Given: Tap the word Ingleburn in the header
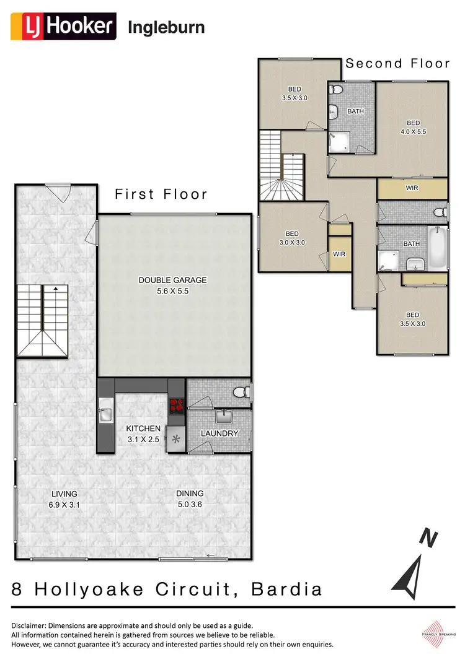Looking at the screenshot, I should [x=166, y=27].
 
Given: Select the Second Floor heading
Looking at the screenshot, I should [x=397, y=63].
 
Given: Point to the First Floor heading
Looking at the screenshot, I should [x=161, y=194].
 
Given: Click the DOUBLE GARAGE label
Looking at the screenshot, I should [x=172, y=280].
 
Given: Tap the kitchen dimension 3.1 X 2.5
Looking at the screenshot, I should [x=143, y=439].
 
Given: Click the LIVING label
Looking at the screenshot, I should [x=64, y=494].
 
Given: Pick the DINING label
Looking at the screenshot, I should [x=190, y=494].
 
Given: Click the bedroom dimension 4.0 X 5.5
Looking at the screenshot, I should [x=413, y=131].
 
